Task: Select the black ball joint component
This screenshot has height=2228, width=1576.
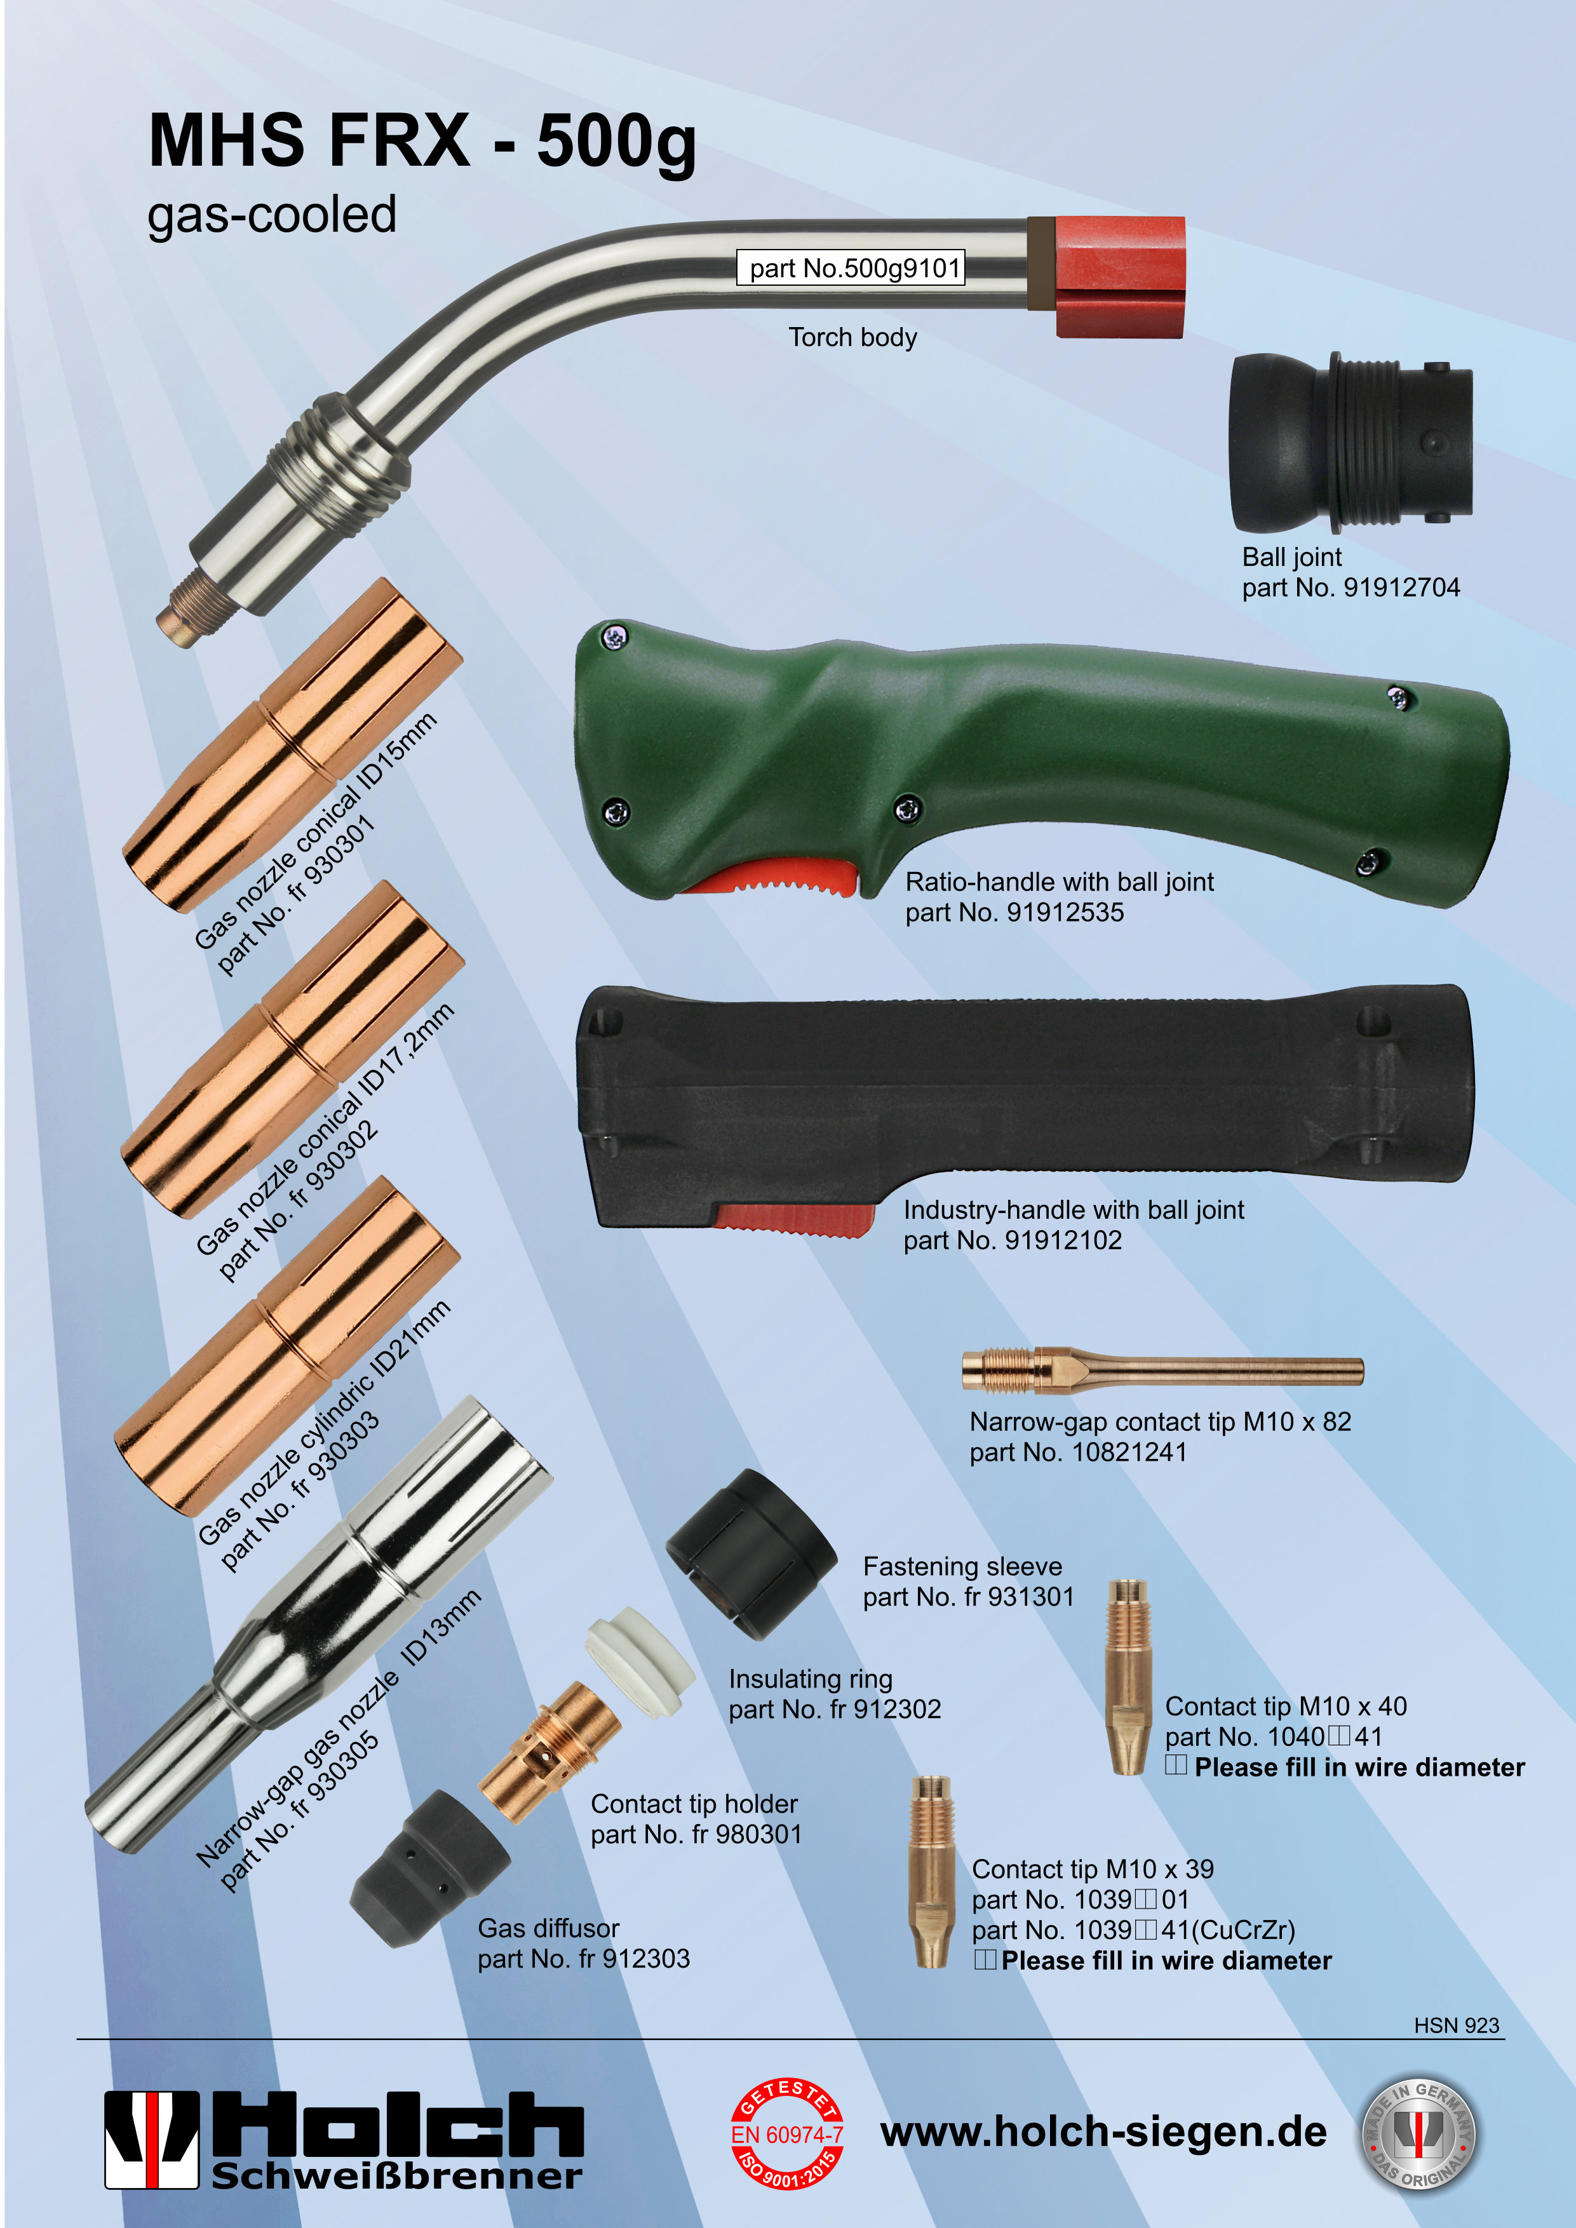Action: [x=1350, y=443]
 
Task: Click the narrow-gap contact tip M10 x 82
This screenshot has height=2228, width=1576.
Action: [x=1162, y=1369]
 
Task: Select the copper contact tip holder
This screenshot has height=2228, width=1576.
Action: [x=549, y=1752]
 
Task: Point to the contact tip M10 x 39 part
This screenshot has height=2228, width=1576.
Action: [x=931, y=1871]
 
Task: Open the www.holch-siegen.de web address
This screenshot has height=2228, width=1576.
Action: [x=1103, y=2132]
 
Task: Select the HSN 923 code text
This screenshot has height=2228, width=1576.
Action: [x=1456, y=2025]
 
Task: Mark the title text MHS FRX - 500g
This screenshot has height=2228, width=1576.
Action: [x=422, y=142]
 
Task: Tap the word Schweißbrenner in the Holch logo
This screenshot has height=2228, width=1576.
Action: [x=397, y=2175]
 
